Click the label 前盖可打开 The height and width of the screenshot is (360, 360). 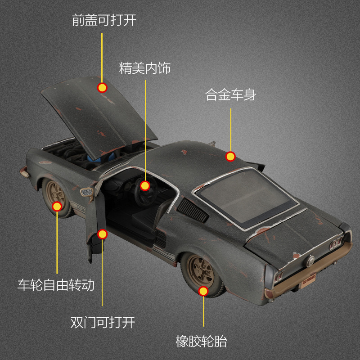104,20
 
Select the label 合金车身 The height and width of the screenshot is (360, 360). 230,95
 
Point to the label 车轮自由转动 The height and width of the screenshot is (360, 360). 56,285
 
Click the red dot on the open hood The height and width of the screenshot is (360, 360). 102,88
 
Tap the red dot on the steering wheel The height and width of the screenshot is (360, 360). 145,185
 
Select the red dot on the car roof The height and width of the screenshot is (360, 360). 230,157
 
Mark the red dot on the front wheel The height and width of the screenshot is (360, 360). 57,207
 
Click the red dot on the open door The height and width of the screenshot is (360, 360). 103,234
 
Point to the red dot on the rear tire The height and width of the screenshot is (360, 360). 203,291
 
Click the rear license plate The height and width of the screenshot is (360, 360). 308,275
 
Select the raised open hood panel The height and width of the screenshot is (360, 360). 99,112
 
